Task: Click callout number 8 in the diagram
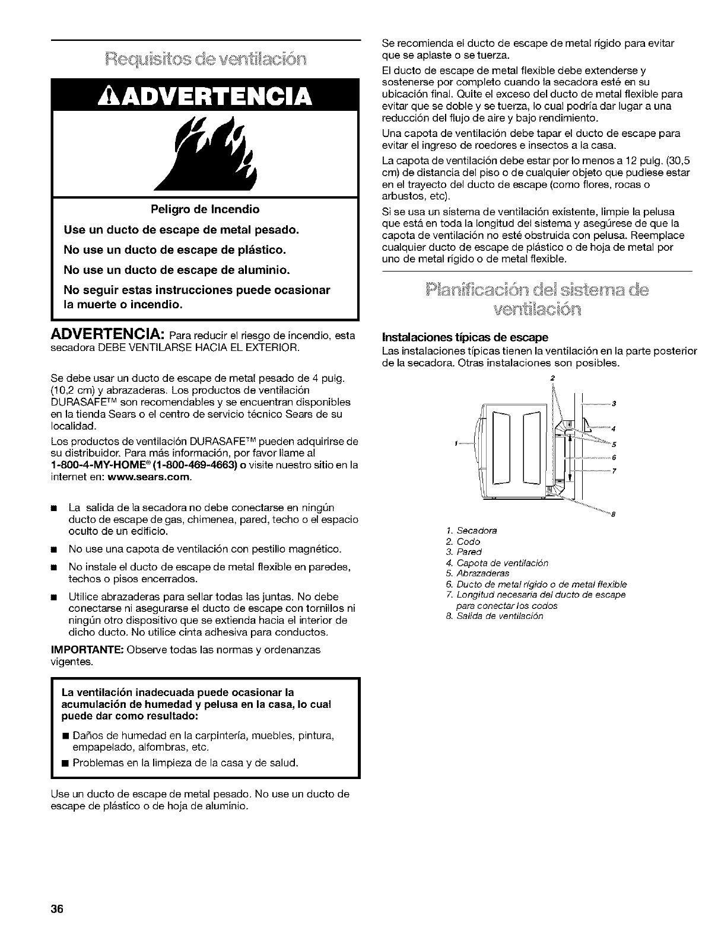[612, 513]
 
